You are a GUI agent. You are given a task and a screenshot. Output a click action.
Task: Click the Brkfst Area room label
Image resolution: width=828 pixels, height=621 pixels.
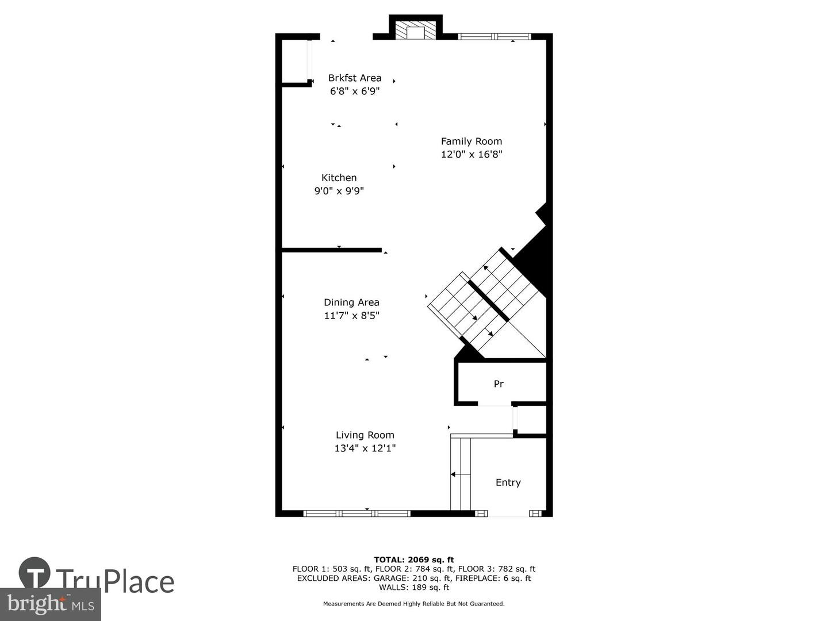[355, 78]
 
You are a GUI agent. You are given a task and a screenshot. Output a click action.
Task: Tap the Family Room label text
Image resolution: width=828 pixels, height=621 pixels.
[471, 141]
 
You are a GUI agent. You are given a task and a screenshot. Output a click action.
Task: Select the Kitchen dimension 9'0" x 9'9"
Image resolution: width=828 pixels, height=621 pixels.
[339, 191]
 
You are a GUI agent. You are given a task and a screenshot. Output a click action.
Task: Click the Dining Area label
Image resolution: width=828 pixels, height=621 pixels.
[351, 302]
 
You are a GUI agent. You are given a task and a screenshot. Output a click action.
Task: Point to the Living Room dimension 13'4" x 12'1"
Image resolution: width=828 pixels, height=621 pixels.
[365, 448]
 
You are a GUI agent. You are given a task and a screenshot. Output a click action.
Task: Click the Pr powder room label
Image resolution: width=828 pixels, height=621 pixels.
[499, 384]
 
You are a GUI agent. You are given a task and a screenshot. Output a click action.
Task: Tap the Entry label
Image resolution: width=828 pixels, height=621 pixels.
[508, 483]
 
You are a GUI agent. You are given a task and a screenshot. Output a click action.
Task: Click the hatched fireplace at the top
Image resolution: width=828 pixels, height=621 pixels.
[416, 32]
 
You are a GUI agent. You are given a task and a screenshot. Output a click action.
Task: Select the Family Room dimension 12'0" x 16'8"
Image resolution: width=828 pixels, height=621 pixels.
[471, 154]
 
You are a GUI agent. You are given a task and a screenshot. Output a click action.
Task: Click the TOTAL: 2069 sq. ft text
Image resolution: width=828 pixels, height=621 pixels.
[414, 559]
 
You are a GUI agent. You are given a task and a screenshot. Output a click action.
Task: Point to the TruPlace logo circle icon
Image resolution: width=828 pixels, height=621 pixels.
[34, 573]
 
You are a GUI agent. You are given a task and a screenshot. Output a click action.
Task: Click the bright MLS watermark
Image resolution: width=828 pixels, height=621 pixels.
[51, 604]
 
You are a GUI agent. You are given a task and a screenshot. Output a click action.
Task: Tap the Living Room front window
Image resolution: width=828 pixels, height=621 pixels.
[356, 513]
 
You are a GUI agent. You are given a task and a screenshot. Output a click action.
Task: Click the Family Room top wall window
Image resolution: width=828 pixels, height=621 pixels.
[494, 37]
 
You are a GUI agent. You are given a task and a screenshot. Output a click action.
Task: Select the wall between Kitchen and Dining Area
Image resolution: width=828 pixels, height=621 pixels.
[332, 250]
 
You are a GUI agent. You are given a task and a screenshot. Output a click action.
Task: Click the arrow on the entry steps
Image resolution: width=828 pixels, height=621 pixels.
[460, 474]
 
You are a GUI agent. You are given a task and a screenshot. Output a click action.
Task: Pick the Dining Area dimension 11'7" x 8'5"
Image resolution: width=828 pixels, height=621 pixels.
[351, 316]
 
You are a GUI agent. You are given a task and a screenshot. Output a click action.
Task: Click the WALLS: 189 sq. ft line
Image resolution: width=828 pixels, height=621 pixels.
[414, 588]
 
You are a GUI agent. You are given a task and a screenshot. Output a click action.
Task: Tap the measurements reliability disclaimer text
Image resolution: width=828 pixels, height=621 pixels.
[414, 604]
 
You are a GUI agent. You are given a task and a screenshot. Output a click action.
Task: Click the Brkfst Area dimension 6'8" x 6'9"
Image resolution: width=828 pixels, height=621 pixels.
[355, 91]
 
